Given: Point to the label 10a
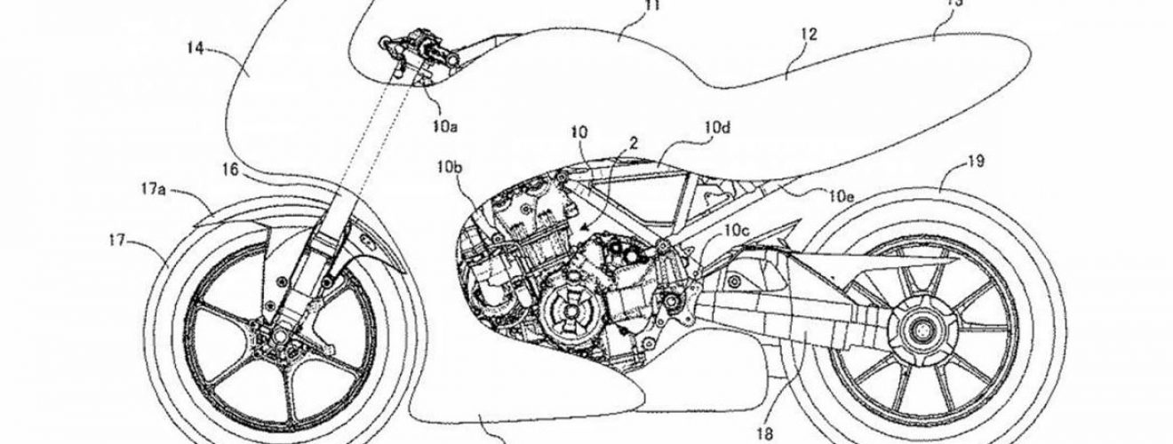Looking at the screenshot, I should tap(446, 126).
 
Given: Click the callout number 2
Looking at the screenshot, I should tap(635, 141).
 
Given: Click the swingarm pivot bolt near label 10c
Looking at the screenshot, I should tap(662, 246).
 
